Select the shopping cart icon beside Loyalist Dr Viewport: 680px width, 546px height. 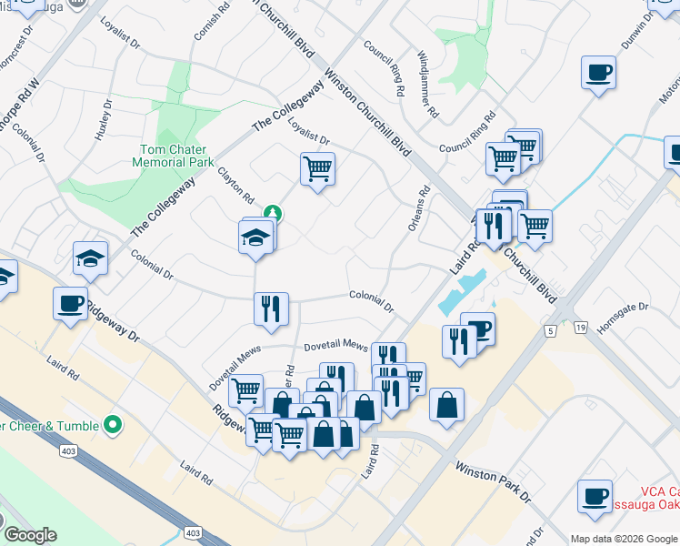tap(317, 168)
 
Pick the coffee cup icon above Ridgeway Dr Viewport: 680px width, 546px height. tap(70, 305)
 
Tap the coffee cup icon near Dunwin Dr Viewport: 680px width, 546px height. tap(599, 74)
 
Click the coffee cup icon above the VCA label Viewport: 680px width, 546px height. tap(595, 497)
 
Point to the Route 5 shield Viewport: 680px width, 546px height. tap(551, 329)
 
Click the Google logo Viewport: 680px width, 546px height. tap(30, 534)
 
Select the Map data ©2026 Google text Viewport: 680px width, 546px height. tap(624, 538)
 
